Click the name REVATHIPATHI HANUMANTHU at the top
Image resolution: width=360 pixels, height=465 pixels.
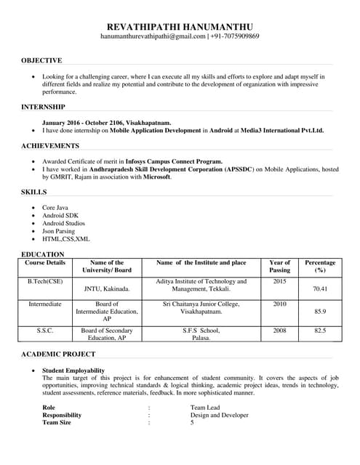[180, 24]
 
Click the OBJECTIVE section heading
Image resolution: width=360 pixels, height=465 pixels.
[41, 60]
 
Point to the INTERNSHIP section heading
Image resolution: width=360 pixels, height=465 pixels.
[43, 108]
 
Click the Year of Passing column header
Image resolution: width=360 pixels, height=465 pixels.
[279, 266]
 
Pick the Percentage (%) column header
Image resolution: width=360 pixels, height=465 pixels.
[320, 266]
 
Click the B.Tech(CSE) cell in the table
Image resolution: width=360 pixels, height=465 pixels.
[45, 281]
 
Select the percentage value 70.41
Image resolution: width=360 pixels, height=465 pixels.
[320, 288]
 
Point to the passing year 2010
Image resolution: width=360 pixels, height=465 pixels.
[279, 304]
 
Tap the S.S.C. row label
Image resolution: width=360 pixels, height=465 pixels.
[45, 330]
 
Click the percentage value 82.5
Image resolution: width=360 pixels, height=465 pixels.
[320, 330]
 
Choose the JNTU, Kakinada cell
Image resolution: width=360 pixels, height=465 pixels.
[107, 288]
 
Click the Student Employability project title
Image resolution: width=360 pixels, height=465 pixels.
[73, 371]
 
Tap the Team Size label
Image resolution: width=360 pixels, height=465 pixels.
[57, 422]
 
